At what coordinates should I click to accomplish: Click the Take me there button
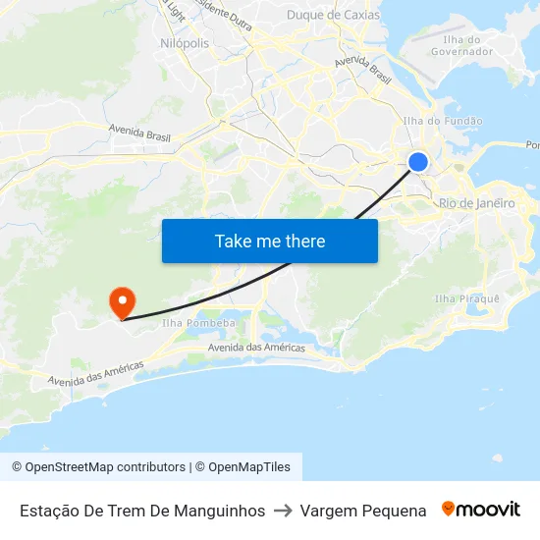pyautogui.click(x=270, y=241)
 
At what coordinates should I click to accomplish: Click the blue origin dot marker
pyautogui.click(x=418, y=162)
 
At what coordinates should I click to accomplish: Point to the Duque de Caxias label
pyautogui.click(x=333, y=15)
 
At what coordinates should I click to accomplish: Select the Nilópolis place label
pyautogui.click(x=184, y=43)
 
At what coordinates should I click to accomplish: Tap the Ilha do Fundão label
pyautogui.click(x=443, y=121)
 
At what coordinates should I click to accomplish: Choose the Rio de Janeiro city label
pyautogui.click(x=477, y=203)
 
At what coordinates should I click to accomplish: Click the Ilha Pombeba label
pyautogui.click(x=199, y=323)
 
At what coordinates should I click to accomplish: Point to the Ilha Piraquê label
pyautogui.click(x=467, y=298)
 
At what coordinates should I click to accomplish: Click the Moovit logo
pyautogui.click(x=481, y=510)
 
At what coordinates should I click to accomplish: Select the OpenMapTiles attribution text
pyautogui.click(x=243, y=467)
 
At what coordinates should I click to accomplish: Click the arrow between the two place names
pyautogui.click(x=283, y=511)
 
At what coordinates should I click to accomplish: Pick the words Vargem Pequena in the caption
pyautogui.click(x=363, y=511)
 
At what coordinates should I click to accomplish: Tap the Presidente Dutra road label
pyautogui.click(x=224, y=14)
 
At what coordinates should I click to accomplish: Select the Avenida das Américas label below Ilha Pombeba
pyautogui.click(x=256, y=348)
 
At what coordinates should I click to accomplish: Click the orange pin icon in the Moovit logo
pyautogui.click(x=449, y=509)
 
